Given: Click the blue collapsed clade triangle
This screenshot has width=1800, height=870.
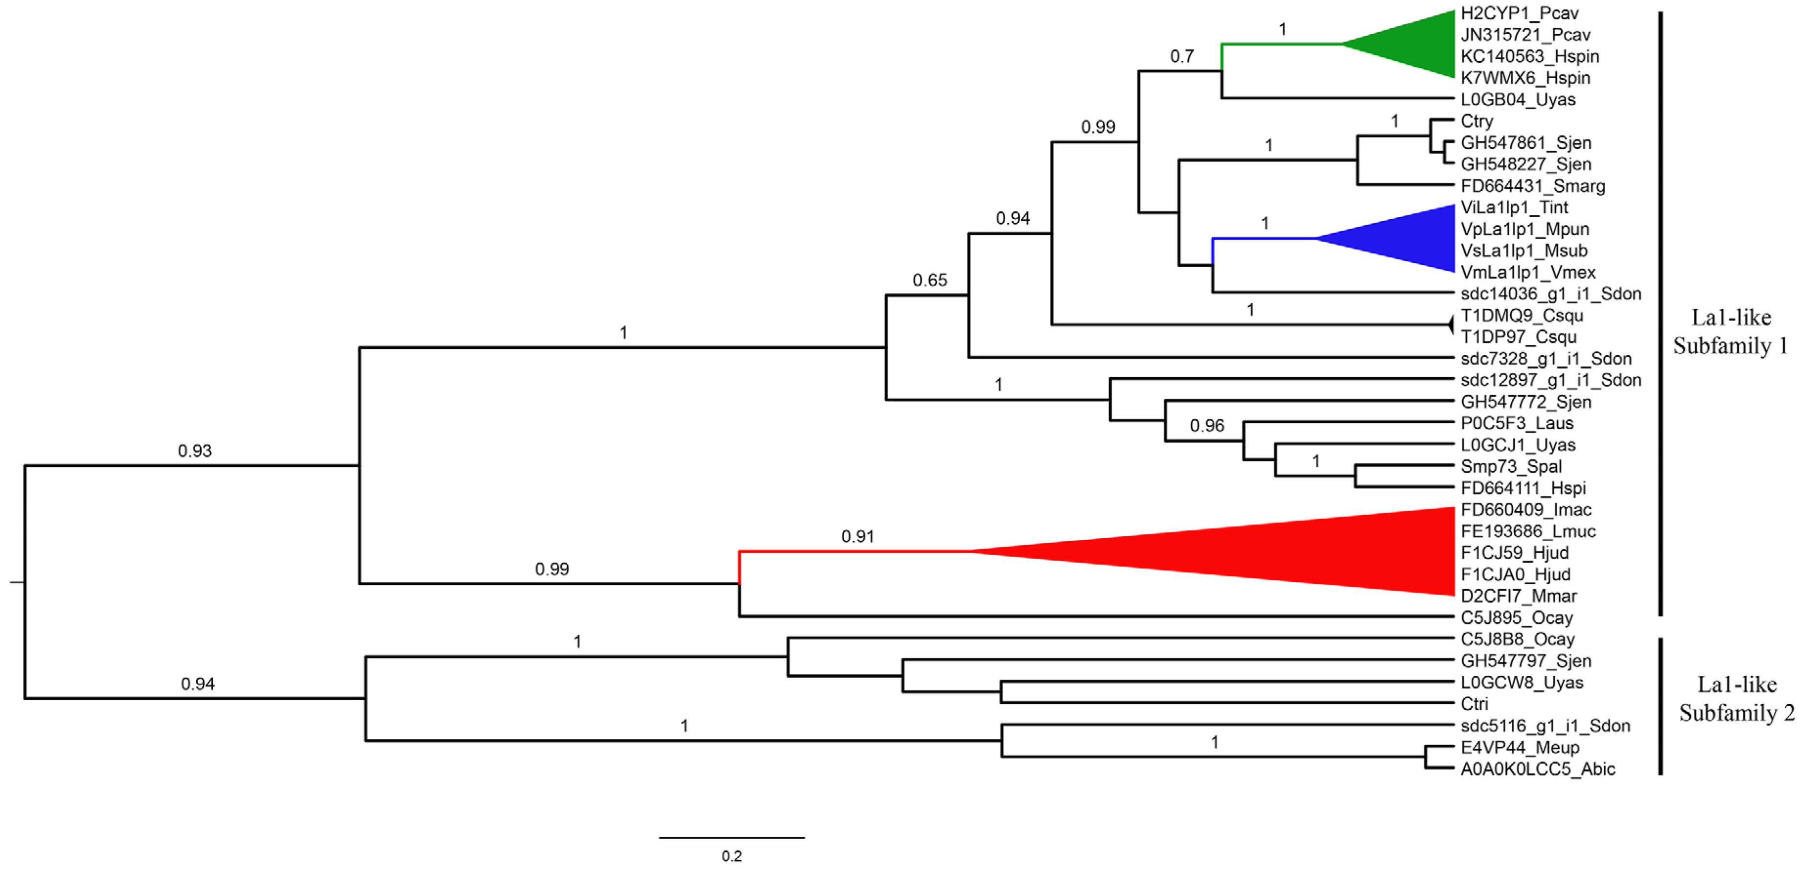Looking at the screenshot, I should [1405, 238].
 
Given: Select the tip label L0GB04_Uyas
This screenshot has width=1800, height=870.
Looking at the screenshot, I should [1518, 99].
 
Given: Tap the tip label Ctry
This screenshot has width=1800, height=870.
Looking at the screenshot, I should [1477, 121].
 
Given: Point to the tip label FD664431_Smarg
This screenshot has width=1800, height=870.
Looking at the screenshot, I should [1532, 186].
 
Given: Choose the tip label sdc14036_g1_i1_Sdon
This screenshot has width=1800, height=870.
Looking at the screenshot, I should [1550, 294].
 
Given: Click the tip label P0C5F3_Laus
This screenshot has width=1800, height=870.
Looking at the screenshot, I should [1516, 423].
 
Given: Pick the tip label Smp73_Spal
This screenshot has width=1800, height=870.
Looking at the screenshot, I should [1511, 466].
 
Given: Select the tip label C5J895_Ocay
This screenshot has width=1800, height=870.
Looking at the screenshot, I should [1516, 618].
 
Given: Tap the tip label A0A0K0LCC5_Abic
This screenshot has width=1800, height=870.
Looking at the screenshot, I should [1537, 769].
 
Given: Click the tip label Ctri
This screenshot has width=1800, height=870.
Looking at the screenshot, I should [1475, 704].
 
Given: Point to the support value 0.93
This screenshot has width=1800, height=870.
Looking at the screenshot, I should [194, 451].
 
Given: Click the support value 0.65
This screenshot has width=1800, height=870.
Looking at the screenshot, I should [929, 280].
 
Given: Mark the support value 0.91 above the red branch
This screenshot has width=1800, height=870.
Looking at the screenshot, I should [857, 537].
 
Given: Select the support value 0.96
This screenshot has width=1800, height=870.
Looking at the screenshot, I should [1207, 426].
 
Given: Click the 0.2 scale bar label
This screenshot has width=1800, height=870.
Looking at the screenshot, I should [732, 856].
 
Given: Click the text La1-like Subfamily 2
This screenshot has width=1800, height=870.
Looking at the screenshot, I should [1736, 698].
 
